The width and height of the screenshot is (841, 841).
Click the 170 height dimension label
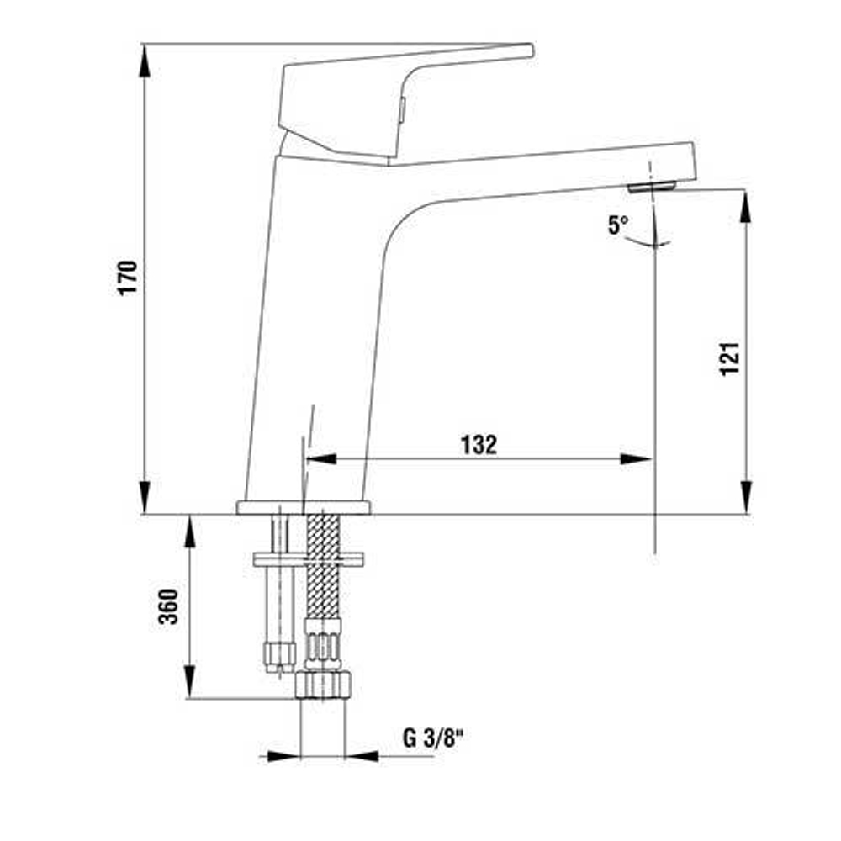(x=127, y=278)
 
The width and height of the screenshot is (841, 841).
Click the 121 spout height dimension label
(x=730, y=358)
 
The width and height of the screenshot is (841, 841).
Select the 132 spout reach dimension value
(x=479, y=445)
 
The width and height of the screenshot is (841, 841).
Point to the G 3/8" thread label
(x=434, y=739)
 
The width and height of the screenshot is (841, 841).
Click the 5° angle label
(x=618, y=225)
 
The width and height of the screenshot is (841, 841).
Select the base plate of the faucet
(x=304, y=507)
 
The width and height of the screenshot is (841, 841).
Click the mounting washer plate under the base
(x=308, y=558)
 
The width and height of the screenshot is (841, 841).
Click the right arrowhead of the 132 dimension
(x=637, y=459)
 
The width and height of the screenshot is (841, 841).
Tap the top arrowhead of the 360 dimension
(x=190, y=531)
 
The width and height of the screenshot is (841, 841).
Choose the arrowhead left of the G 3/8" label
(x=284, y=756)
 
